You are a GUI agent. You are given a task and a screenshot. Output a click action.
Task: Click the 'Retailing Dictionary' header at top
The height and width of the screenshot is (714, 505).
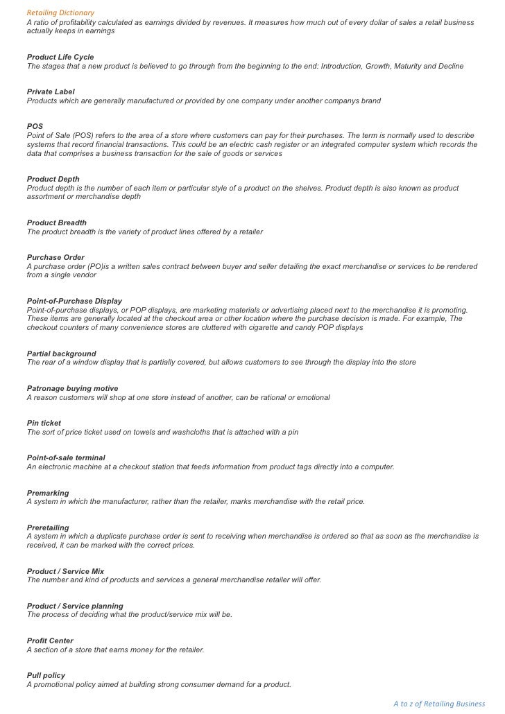60,13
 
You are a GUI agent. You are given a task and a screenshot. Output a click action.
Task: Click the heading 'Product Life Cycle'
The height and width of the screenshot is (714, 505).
60,57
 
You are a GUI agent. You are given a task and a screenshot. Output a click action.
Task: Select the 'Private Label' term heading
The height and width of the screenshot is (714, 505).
51,92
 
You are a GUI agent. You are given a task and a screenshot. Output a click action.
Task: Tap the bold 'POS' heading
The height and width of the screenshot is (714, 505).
35,127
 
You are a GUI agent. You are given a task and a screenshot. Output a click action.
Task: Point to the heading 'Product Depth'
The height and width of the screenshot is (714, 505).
53,179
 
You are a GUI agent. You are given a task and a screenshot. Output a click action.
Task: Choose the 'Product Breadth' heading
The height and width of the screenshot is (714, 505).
57,223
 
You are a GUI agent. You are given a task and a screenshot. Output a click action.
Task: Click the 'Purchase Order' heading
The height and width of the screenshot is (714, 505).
55,257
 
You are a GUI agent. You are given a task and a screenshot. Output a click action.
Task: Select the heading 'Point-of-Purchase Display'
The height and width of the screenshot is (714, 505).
74,301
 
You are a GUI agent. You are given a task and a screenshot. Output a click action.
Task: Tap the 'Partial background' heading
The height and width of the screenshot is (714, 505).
62,354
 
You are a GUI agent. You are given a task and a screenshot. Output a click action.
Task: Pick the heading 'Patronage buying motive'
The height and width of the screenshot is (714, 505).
73,388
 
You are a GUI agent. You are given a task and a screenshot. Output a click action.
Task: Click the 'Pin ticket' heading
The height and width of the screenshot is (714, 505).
44,423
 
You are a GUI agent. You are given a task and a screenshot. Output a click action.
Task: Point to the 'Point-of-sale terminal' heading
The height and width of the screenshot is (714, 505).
67,458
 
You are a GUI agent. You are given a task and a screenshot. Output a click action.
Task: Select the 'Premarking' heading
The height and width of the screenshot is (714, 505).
48,493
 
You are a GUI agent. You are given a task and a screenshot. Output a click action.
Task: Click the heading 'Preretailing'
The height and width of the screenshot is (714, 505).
48,528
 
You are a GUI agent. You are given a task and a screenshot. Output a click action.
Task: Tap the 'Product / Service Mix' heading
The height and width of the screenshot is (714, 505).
65,571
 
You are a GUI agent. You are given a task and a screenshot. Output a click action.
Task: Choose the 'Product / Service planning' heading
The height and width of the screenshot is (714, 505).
75,606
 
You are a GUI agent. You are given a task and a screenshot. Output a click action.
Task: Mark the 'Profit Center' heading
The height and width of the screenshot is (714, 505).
50,641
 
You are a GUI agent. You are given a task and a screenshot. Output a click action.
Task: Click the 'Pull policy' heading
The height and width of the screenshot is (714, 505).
46,676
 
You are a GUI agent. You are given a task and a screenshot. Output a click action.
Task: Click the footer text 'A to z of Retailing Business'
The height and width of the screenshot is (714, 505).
439,704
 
